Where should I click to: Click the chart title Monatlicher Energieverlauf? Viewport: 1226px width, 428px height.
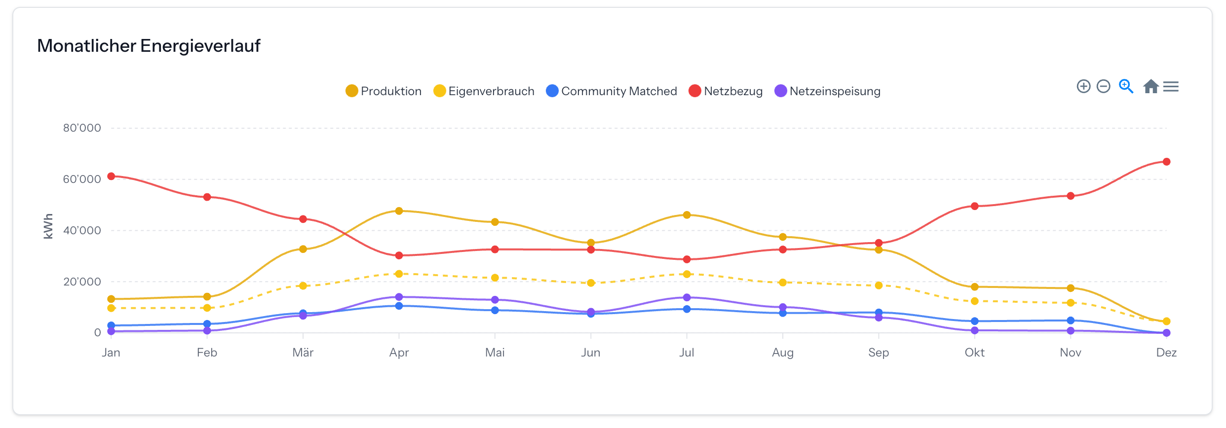(149, 46)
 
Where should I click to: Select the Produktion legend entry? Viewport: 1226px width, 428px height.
(383, 91)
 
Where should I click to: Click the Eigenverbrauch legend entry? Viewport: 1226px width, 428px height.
(484, 91)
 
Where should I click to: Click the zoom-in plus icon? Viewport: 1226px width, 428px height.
(1083, 87)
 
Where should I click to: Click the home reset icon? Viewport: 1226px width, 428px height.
(1150, 87)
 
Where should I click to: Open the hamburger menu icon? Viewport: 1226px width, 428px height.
(1171, 87)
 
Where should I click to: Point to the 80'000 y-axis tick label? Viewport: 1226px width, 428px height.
(82, 128)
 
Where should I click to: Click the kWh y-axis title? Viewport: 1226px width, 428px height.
(48, 226)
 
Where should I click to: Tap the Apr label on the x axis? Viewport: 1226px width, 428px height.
(399, 353)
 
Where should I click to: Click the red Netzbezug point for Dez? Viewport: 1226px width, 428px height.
(1166, 162)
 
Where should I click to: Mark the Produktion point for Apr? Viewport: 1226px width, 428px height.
(399, 211)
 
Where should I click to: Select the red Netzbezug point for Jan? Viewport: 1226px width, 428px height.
(111, 177)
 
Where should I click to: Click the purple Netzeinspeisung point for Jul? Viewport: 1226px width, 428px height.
(687, 298)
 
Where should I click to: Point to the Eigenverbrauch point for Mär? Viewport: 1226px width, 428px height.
(303, 286)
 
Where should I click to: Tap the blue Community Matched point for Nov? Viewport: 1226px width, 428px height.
(1071, 321)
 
